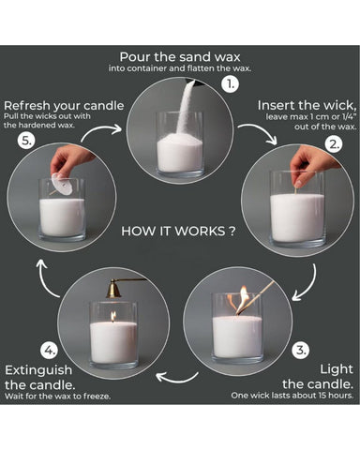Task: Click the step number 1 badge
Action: coord(230,83)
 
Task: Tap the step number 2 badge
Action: coord(334,144)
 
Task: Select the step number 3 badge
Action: coord(301,350)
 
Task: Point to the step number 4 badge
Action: coord(50,350)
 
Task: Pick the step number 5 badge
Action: coord(26,141)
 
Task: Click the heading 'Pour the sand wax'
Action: coord(180,57)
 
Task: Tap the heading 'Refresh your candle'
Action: coord(64,106)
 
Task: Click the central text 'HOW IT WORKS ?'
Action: coord(178,232)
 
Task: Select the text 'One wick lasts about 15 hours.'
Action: coord(292,396)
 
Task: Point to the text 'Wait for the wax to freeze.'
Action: coord(58,397)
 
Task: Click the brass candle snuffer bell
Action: coord(113,290)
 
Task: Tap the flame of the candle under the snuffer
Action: coord(113,316)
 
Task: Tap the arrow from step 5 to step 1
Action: coord(98,130)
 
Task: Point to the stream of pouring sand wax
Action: coord(184,110)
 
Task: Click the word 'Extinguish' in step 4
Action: coord(38,370)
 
